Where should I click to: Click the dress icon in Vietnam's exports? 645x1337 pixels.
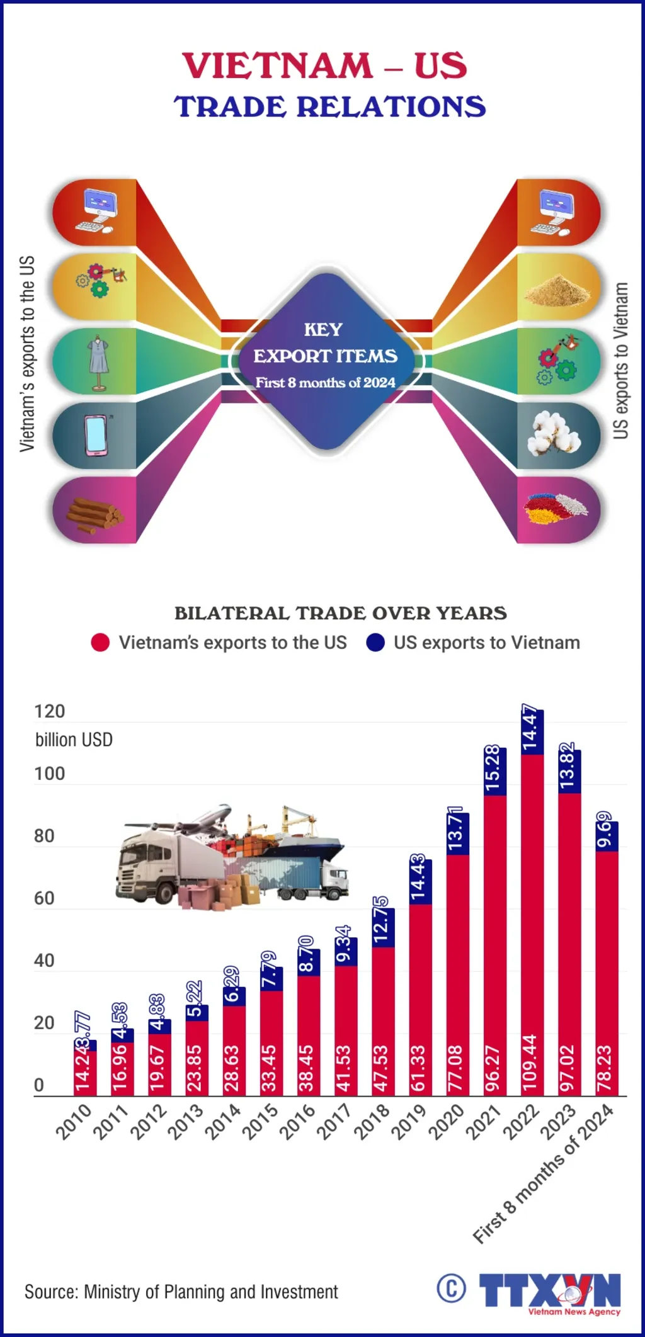click(x=98, y=361)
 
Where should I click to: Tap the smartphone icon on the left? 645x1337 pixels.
click(x=96, y=435)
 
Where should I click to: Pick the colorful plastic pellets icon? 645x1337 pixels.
click(x=554, y=508)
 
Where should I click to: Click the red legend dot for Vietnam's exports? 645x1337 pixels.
click(x=100, y=642)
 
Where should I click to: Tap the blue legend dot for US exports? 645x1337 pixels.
click(x=375, y=642)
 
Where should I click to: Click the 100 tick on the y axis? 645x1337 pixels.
click(x=49, y=774)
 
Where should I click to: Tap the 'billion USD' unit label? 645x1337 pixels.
click(x=74, y=740)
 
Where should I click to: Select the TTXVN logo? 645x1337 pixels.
click(x=549, y=1292)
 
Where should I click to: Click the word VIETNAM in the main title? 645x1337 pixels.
click(x=278, y=65)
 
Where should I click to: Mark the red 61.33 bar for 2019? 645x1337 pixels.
click(x=420, y=1001)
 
